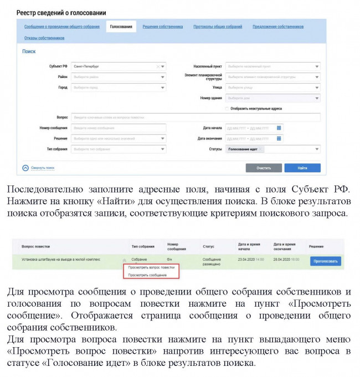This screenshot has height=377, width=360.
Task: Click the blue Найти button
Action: click(x=302, y=167)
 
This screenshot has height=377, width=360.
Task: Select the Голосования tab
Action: click(x=121, y=27)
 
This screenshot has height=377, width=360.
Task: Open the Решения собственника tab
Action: click(x=162, y=27)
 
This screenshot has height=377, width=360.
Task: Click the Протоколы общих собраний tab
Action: click(x=217, y=27)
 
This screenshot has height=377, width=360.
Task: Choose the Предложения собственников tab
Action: click(x=278, y=27)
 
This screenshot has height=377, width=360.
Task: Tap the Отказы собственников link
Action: click(x=44, y=38)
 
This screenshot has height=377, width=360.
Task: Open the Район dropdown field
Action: click(x=119, y=77)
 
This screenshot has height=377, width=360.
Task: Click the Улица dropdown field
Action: click(x=273, y=87)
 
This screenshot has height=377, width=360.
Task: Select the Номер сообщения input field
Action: click(x=119, y=128)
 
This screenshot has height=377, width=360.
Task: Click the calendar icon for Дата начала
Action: click(x=280, y=128)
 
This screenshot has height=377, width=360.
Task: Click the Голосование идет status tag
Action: click(x=244, y=149)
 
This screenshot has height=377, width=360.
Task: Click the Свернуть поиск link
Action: click(x=42, y=167)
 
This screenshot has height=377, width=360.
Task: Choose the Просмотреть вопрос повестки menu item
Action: click(x=151, y=267)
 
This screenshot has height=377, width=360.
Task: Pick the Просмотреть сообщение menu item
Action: click(x=147, y=275)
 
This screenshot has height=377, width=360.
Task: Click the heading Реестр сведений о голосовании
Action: click(x=61, y=12)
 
